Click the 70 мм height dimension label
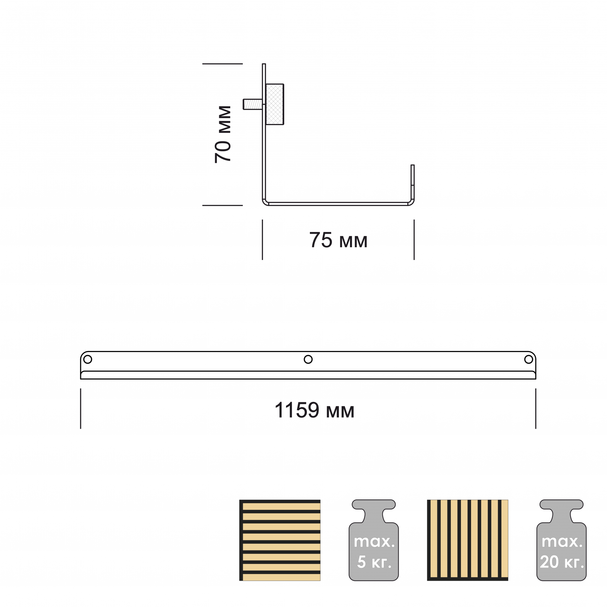click(223, 134)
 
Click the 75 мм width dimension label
click(338, 240)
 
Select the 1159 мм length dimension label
click(314, 410)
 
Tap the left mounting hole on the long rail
click(88, 359)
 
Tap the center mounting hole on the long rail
click(308, 359)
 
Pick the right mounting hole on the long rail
click(528, 359)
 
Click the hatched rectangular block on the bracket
click(275, 104)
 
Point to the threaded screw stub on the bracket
click(253, 104)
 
